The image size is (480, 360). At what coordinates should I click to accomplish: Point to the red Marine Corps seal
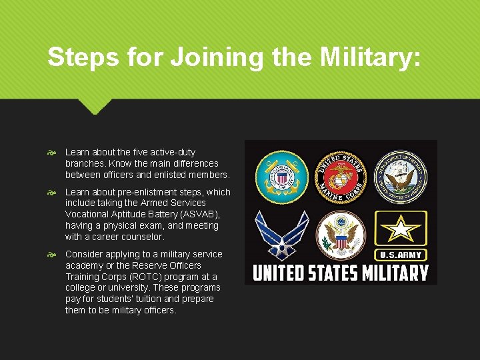coord(341,176)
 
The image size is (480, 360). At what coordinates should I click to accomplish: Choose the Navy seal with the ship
coord(400,176)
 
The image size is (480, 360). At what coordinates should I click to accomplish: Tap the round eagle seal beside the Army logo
coord(341,235)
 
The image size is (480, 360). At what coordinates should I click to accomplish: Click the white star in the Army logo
coord(400,229)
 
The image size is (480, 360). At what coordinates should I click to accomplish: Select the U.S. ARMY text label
coord(400,255)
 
